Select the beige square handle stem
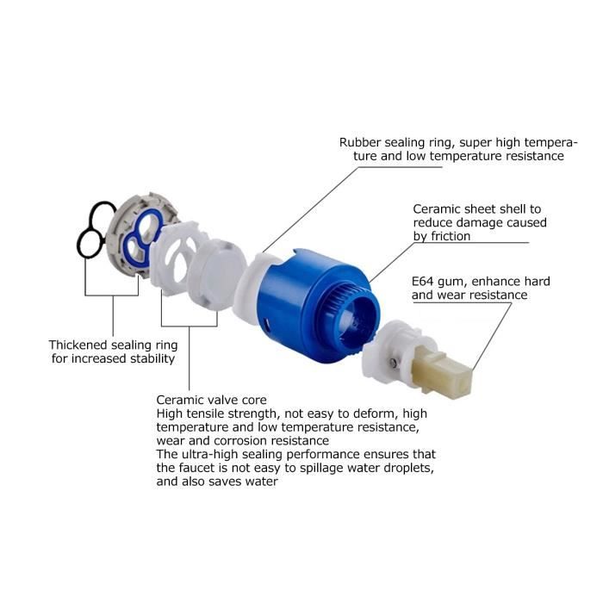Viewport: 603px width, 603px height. [x=442, y=370]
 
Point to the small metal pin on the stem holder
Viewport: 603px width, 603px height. [x=394, y=362]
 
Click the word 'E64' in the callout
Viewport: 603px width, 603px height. [x=423, y=282]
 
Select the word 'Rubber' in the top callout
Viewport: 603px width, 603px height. [x=360, y=142]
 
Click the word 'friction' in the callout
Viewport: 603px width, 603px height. [x=451, y=236]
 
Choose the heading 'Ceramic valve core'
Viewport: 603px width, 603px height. [x=212, y=400]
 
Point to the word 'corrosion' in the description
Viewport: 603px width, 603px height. [x=241, y=441]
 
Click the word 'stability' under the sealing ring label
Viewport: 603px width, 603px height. [x=152, y=359]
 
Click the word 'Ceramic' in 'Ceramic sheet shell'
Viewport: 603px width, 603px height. [x=436, y=209]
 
